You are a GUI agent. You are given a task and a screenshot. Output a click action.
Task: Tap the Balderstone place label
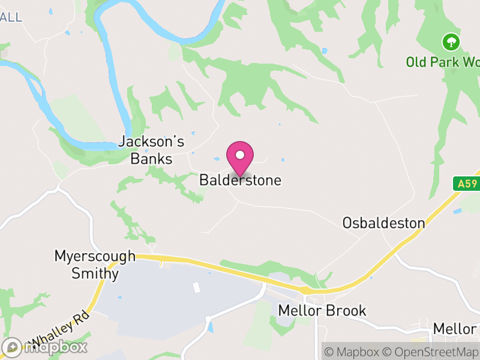[x=240, y=180]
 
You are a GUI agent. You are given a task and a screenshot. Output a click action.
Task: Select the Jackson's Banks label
[x=151, y=150]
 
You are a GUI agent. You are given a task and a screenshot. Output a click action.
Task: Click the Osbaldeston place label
[x=383, y=223]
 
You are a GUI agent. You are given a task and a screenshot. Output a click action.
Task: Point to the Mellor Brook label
[x=322, y=311]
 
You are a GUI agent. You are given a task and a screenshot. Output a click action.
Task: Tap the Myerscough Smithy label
[x=95, y=265]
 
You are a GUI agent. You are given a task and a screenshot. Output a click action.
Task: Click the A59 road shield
[x=466, y=184]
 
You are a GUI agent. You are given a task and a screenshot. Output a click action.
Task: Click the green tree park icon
[x=451, y=42]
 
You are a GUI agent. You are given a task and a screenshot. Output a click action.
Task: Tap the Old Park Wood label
[x=442, y=62]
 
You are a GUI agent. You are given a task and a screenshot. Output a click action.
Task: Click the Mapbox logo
[x=44, y=347]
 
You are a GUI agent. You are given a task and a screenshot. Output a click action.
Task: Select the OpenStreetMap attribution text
[x=431, y=352]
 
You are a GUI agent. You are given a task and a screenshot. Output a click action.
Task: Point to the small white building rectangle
[x=196, y=287]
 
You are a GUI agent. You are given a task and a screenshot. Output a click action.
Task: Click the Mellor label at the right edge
[x=455, y=329]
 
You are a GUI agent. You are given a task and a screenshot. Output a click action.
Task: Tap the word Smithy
[x=95, y=274]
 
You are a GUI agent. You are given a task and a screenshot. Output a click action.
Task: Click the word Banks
[x=152, y=159]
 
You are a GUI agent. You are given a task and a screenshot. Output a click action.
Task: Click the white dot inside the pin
[x=240, y=155]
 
